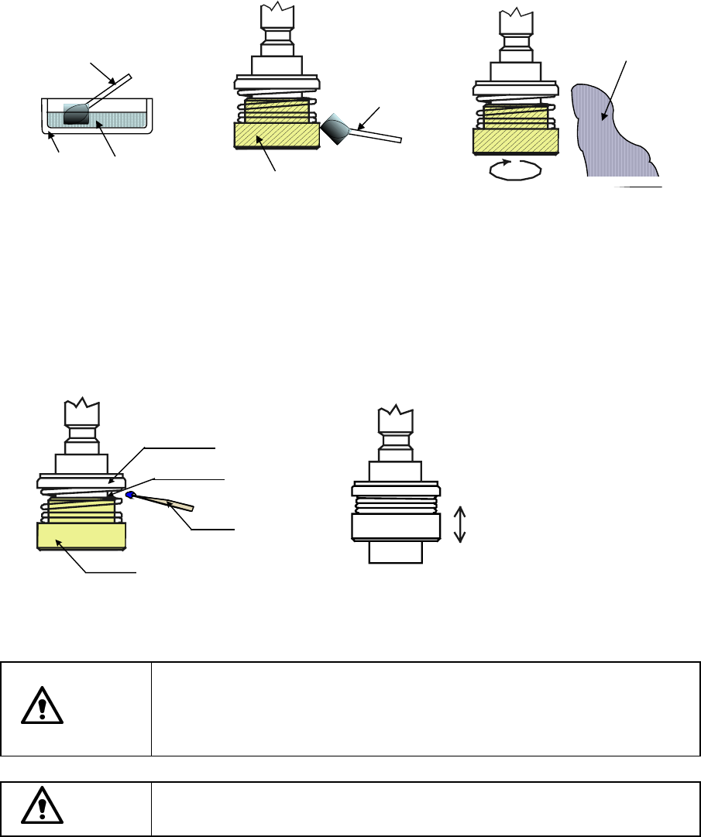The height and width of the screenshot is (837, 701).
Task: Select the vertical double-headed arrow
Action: coord(459,523)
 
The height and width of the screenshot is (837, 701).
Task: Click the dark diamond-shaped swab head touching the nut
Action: coord(338,128)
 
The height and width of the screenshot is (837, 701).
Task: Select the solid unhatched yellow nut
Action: coord(81,535)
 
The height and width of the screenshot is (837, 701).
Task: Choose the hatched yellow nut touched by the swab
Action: coord(277,135)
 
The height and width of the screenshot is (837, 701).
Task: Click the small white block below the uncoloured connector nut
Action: coord(396,551)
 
